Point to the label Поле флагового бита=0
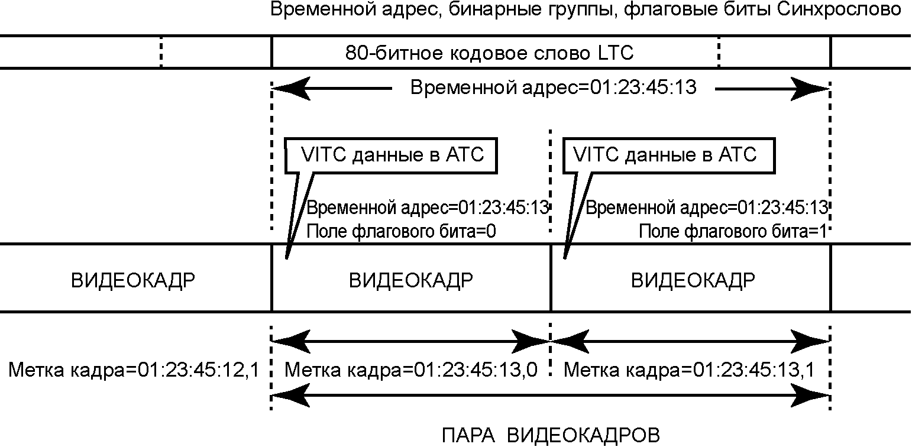point(400,232)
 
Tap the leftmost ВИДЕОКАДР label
point(133,280)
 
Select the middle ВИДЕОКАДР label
point(411,280)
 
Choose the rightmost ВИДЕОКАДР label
point(693,280)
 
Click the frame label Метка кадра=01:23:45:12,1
point(133,371)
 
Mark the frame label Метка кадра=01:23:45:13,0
point(411,371)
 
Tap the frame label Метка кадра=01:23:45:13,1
point(689,371)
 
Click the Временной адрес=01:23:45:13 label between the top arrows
point(553,89)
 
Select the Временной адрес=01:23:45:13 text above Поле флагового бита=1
point(706,208)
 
